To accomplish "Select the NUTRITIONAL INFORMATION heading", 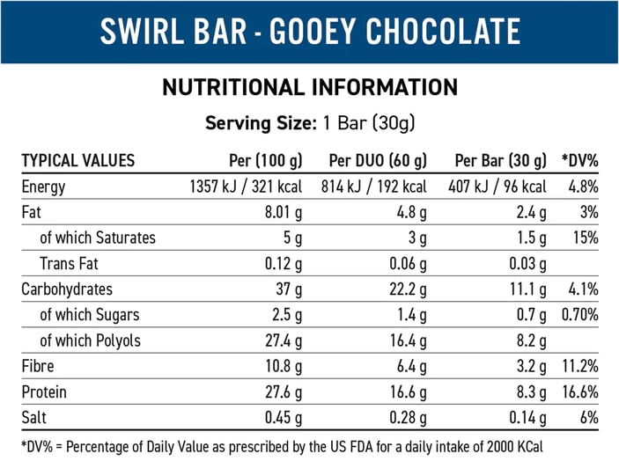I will [x=310, y=87].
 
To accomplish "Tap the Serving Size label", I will [x=259, y=123].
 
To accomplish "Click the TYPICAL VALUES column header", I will [x=78, y=160].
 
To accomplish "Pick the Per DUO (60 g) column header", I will [x=378, y=160].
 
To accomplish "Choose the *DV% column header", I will [x=580, y=160].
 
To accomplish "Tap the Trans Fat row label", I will [x=71, y=263].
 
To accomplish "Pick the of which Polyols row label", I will [x=90, y=340].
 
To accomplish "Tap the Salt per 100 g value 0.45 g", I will [x=282, y=417].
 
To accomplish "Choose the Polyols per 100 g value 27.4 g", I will [x=282, y=340].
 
